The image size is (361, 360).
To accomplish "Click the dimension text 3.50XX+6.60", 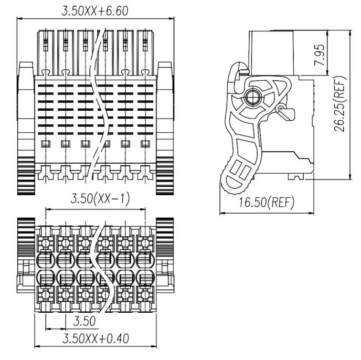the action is pyautogui.click(x=95, y=11).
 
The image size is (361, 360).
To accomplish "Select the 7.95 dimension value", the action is pyautogui.click(x=320, y=55).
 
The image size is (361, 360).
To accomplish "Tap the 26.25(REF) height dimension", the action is pyautogui.click(x=340, y=104).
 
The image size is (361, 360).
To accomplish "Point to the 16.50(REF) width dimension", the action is pyautogui.click(x=267, y=203).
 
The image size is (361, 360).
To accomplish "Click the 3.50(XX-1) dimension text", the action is pyautogui.click(x=100, y=198).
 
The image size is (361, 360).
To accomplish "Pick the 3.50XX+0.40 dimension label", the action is pyautogui.click(x=95, y=338).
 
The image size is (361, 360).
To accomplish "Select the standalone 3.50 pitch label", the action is pyautogui.click(x=84, y=321).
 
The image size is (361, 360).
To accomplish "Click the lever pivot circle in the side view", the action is pyautogui.click(x=252, y=98).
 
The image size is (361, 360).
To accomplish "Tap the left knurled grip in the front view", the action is pyautogui.click(x=26, y=176).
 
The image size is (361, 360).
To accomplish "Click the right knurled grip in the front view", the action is pyautogui.click(x=165, y=176).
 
